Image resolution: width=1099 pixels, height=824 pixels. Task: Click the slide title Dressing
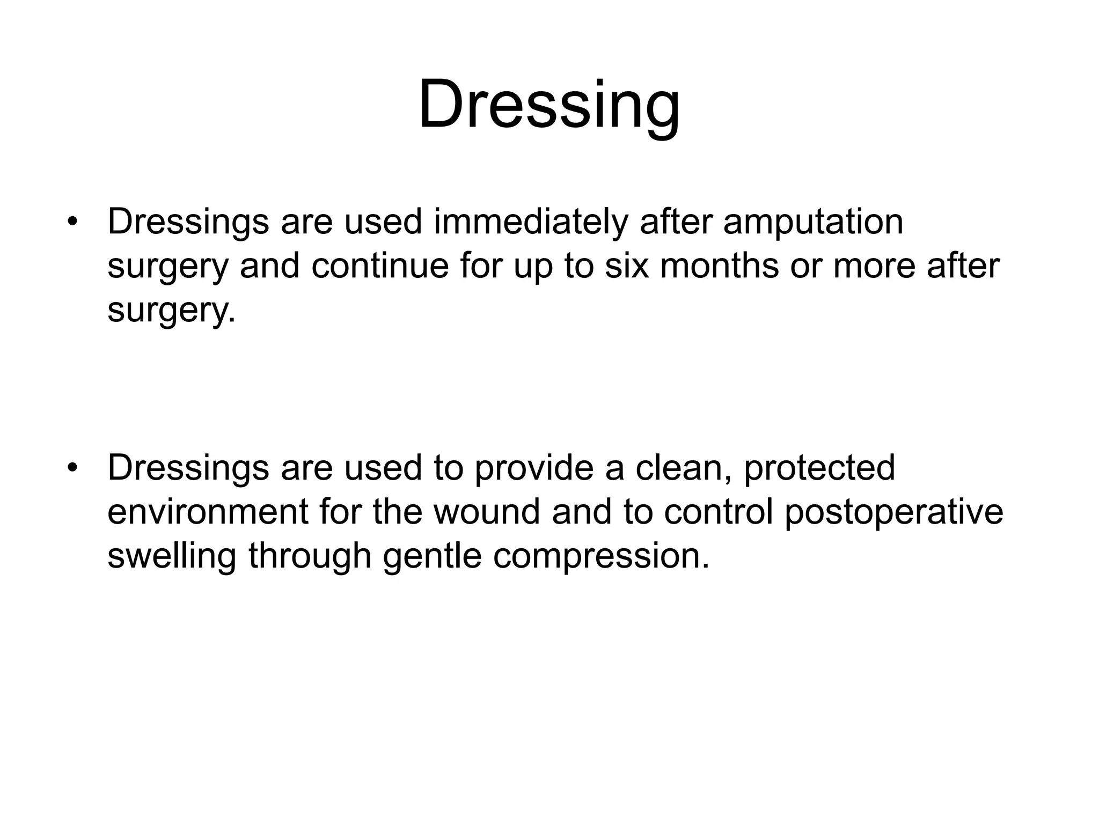tap(549, 105)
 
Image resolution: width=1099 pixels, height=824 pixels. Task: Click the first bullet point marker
tap(72, 222)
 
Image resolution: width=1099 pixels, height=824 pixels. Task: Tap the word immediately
tap(530, 222)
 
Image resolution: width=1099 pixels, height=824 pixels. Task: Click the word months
tap(719, 266)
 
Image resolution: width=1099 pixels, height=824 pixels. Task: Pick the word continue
tap(379, 266)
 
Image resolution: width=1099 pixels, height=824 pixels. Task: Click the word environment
tap(208, 512)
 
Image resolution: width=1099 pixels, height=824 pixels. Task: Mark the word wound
tap(487, 512)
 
